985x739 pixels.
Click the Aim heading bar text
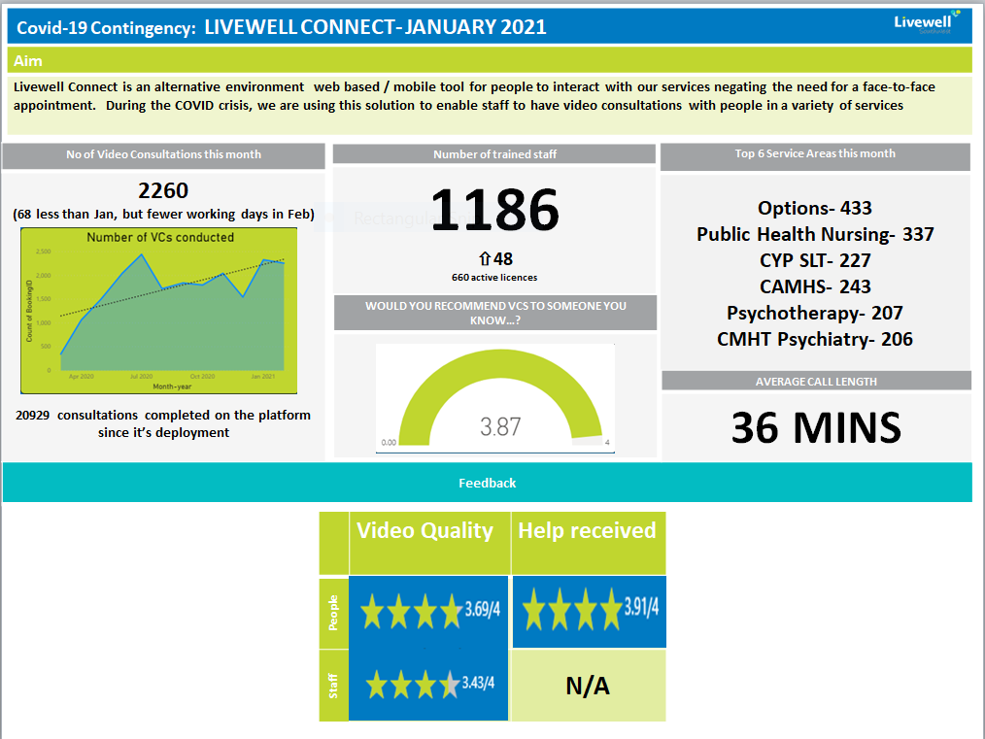coord(28,61)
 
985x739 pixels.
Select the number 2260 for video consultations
coord(163,190)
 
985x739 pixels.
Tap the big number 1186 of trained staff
coord(494,211)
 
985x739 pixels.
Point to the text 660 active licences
coord(494,277)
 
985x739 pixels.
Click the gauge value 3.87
coord(500,425)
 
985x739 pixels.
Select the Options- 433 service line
coord(814,208)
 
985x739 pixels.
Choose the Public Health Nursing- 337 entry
coord(814,234)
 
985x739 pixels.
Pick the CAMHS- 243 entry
coord(814,286)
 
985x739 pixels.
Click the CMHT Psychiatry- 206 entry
coord(814,339)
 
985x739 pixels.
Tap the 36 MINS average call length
coord(816,428)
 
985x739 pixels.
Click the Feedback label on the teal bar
coord(488,483)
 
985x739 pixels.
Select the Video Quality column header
coord(425,531)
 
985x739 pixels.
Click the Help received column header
coord(587,531)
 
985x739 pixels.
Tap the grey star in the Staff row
coord(449,686)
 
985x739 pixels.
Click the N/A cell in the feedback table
coord(588,687)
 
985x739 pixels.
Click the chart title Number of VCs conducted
coord(160,237)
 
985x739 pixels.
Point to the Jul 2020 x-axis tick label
coord(142,376)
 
